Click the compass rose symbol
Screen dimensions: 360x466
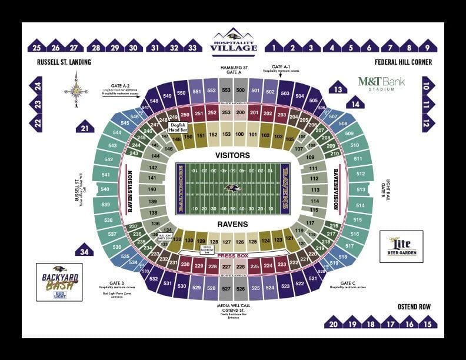click(76, 91)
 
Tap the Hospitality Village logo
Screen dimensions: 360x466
click(234, 42)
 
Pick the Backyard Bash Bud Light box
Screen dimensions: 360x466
click(59, 282)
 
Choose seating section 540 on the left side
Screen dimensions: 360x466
click(105, 189)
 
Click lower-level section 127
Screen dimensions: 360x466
click(226, 242)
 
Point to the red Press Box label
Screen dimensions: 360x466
click(233, 256)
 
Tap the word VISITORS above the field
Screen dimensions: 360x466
click(233, 155)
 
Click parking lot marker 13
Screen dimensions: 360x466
click(337, 89)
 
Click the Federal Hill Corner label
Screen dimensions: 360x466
click(403, 62)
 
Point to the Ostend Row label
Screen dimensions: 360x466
click(414, 306)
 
